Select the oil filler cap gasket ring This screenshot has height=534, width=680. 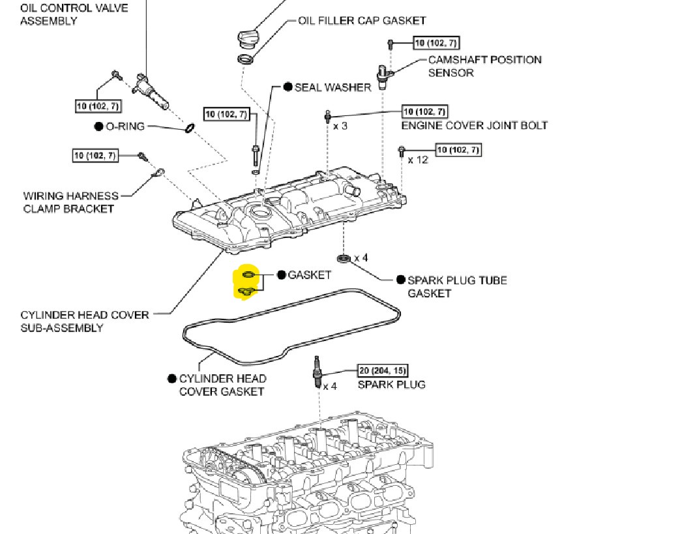click(246, 61)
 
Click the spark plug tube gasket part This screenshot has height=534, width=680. click(344, 258)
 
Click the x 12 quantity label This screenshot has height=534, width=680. click(417, 160)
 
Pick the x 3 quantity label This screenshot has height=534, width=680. click(340, 125)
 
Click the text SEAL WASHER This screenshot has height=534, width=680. click(333, 87)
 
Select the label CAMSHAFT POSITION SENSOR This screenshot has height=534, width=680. click(484, 66)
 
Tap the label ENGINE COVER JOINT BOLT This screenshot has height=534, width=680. click(474, 125)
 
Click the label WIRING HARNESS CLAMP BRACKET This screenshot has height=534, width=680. click(70, 202)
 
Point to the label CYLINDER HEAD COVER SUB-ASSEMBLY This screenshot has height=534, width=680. click(85, 321)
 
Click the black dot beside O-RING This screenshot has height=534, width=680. click(98, 126)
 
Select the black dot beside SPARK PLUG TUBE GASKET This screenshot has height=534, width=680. click(400, 280)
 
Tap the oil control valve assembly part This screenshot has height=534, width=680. click(151, 92)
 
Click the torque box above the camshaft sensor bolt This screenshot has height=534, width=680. click(436, 43)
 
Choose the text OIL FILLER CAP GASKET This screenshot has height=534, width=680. click(362, 21)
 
